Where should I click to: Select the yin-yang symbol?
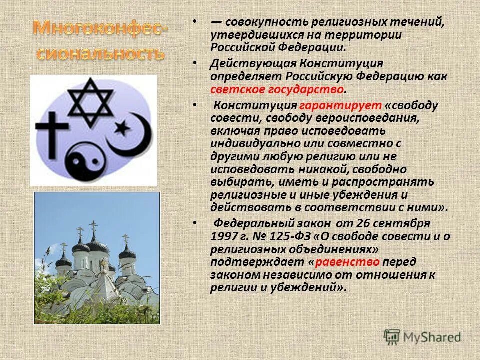click(x=85, y=159)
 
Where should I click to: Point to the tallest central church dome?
click(x=97, y=244)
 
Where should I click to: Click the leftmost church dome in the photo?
click(x=63, y=260)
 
